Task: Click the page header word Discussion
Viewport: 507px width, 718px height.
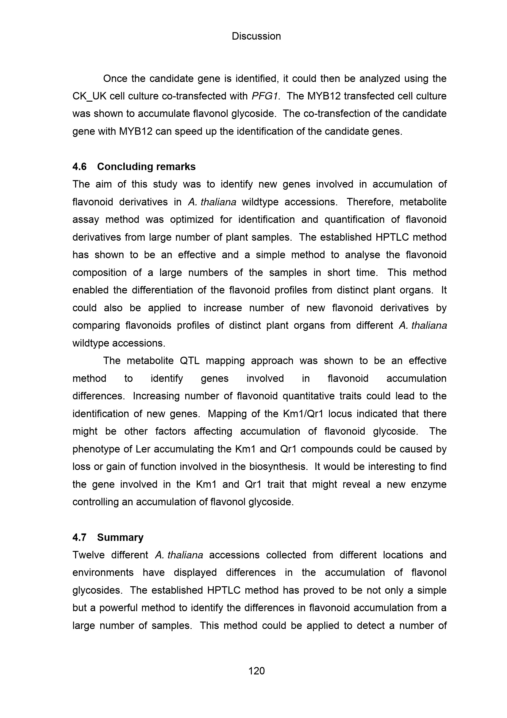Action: (256, 36)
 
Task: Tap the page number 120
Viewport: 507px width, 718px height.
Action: (256, 671)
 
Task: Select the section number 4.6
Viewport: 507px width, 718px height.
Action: (79, 167)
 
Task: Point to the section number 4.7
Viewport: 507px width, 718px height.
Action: (79, 537)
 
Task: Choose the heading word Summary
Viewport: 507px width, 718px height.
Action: (120, 537)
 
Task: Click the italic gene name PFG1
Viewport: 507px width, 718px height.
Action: (265, 96)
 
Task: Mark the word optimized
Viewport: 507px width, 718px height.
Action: (192, 219)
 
